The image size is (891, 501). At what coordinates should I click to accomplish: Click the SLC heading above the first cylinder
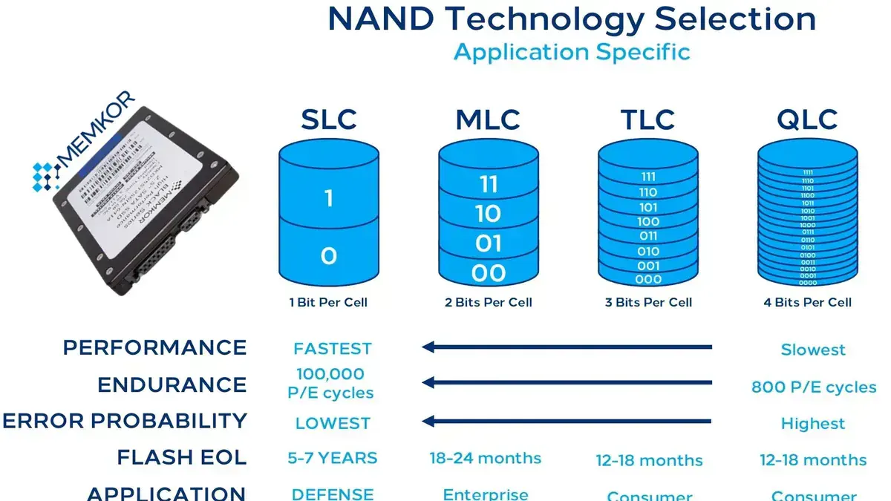click(x=329, y=119)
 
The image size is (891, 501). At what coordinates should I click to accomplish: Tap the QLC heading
click(x=808, y=119)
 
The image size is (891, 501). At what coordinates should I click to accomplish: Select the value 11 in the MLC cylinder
click(x=488, y=184)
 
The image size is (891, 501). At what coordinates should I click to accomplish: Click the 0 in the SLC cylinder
click(x=329, y=256)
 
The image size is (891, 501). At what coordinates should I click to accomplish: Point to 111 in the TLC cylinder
click(x=648, y=177)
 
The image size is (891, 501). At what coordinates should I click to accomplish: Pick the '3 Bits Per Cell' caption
click(x=648, y=302)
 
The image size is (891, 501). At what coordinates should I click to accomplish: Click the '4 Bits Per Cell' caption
click(x=808, y=302)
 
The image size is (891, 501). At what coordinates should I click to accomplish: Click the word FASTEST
click(x=332, y=349)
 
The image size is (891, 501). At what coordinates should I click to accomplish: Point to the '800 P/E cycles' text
click(x=814, y=387)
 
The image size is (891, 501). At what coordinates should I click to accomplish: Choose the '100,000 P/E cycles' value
click(x=330, y=383)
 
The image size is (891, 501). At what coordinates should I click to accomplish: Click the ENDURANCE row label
click(x=172, y=384)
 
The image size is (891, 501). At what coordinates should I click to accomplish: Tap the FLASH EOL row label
click(x=181, y=457)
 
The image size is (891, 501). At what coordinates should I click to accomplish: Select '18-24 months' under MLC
click(x=486, y=458)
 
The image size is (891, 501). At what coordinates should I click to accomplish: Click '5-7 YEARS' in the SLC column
click(x=332, y=458)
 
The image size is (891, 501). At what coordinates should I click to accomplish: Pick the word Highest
click(x=813, y=424)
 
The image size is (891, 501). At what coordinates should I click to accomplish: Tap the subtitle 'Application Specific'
click(x=572, y=52)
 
